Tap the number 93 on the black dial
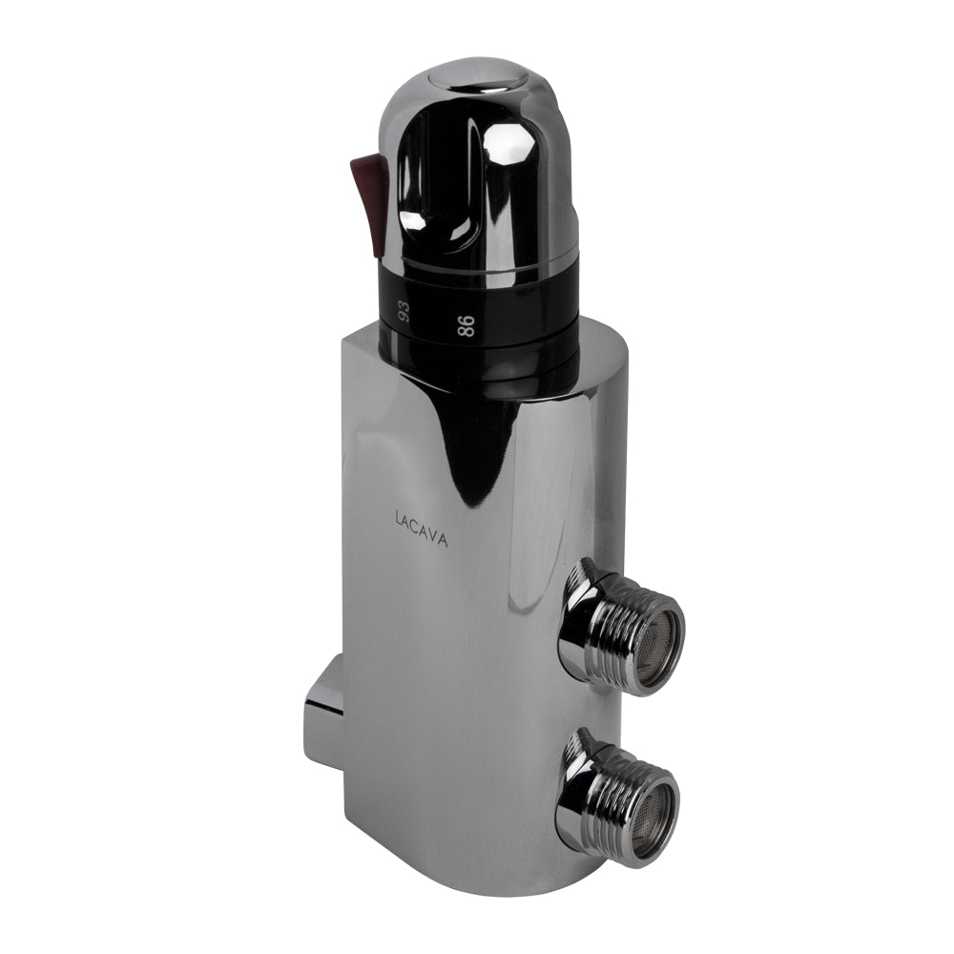pyautogui.click(x=403, y=312)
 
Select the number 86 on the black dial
pyautogui.click(x=467, y=326)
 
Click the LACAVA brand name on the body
pyautogui.click(x=422, y=529)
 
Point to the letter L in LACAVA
pyautogui.click(x=398, y=519)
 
